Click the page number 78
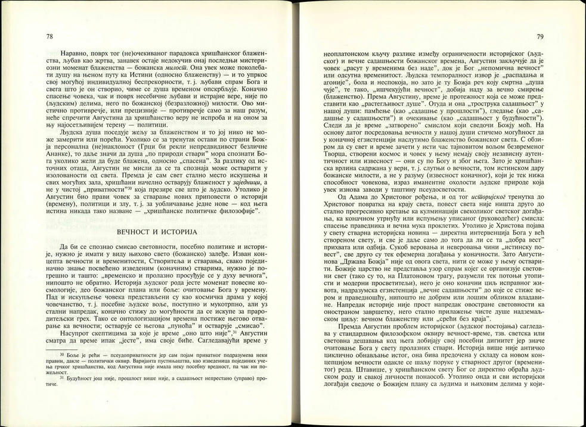[x=49, y=38]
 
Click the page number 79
[x=539, y=38]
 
